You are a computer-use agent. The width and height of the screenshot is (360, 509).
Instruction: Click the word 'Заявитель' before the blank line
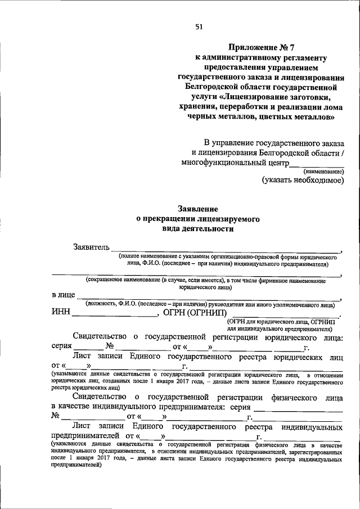point(91,247)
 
